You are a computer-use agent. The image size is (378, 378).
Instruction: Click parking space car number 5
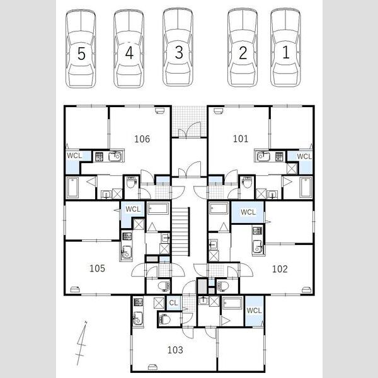pos(81,49)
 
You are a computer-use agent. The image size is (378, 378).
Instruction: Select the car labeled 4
pos(129,49)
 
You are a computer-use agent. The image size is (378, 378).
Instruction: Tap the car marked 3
pos(178,47)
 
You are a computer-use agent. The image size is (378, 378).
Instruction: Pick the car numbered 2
pos(243,48)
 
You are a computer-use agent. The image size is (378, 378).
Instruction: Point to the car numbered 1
pos(285,48)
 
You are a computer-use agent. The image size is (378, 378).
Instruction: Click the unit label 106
pos(142,139)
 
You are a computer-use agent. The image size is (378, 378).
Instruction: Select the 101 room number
pos(241,139)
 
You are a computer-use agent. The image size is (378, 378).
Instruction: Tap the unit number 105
pos(97,268)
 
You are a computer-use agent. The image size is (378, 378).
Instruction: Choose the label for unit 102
pos(280,269)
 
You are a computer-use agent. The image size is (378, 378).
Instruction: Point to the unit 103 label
pos(175,350)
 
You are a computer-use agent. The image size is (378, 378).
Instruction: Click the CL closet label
pos(173,303)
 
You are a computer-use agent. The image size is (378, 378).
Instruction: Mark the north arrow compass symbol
pos(81,343)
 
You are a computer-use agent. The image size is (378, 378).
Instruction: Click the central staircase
pos(181,231)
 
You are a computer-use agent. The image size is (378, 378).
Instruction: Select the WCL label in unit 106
pos(74,156)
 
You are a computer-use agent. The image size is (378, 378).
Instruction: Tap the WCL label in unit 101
pos(304,156)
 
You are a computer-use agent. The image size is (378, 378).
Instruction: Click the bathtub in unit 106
pos(72,188)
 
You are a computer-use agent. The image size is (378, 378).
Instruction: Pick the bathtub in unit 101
pos(306,187)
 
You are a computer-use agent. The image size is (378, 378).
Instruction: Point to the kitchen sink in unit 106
pos(115,156)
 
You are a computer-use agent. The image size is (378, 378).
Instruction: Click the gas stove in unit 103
pos(138,302)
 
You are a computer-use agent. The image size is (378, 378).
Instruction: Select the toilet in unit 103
pos(165,319)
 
